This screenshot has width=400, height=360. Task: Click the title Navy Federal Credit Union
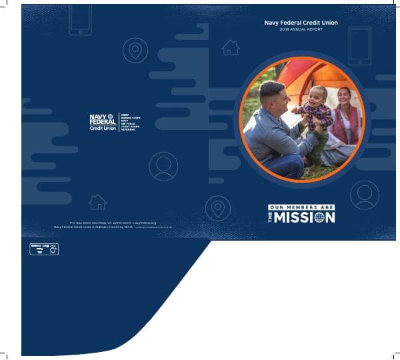coord(301,23)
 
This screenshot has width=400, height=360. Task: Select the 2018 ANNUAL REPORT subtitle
coord(301,31)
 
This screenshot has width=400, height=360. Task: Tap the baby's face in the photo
coord(319,94)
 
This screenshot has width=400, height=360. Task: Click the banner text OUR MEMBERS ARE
coord(301,207)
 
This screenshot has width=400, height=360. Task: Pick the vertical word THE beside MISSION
coord(271,217)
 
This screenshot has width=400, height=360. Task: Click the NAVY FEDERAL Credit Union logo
coord(103,122)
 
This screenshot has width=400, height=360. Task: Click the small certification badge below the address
coord(44,249)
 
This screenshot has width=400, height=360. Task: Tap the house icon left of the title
coord(231,47)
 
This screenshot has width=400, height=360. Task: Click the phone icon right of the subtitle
coord(359,46)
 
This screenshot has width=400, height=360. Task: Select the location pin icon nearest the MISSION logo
coord(218,207)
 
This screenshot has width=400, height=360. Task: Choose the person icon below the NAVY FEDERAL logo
coord(163,167)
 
